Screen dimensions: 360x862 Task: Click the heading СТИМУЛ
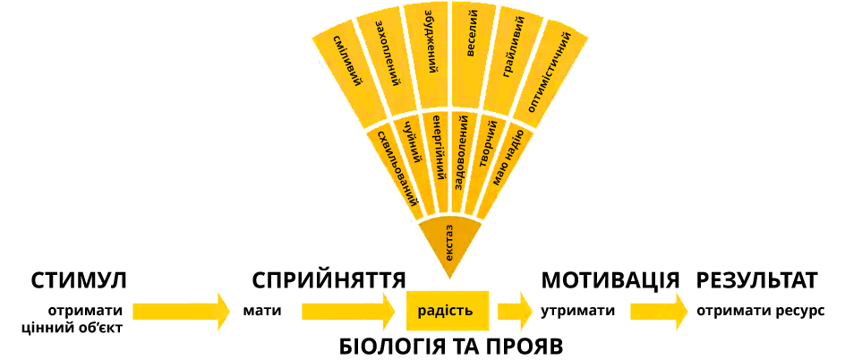(x=79, y=280)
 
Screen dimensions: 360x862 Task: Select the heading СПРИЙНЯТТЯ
(x=329, y=280)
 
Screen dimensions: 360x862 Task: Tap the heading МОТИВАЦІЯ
(x=610, y=280)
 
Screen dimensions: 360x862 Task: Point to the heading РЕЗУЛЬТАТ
(x=757, y=280)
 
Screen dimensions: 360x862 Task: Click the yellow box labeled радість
(x=445, y=310)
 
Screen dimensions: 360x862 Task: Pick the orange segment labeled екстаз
(x=449, y=237)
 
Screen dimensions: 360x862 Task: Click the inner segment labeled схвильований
(x=393, y=166)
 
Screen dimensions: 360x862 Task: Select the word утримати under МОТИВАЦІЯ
(x=578, y=311)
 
